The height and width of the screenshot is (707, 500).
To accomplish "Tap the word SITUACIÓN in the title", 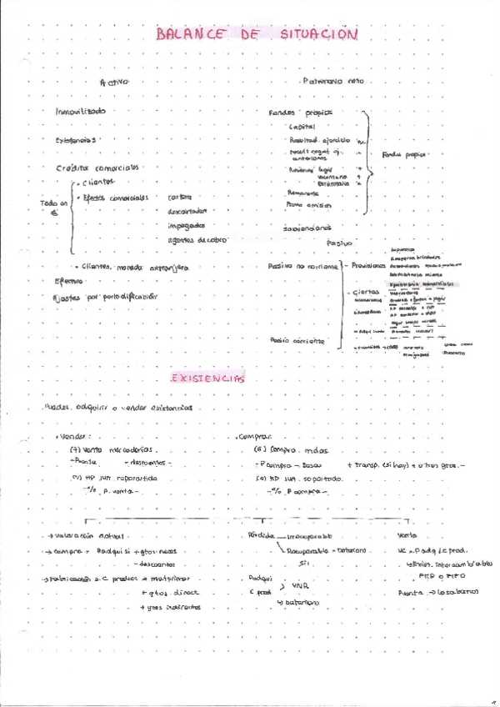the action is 318,35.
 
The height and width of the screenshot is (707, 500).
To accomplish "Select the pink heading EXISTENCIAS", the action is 208,379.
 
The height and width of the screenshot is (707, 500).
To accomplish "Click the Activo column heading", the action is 114,83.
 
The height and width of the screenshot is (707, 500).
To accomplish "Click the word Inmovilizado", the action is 80,111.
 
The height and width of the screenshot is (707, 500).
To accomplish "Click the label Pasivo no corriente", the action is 303,266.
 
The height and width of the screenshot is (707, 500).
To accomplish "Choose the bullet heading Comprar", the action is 255,436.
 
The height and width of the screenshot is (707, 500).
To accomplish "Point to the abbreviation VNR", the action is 300,585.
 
